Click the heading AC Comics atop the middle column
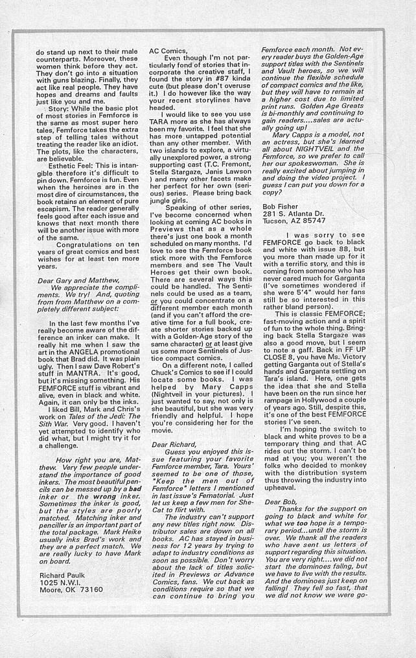tap(168, 50)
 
